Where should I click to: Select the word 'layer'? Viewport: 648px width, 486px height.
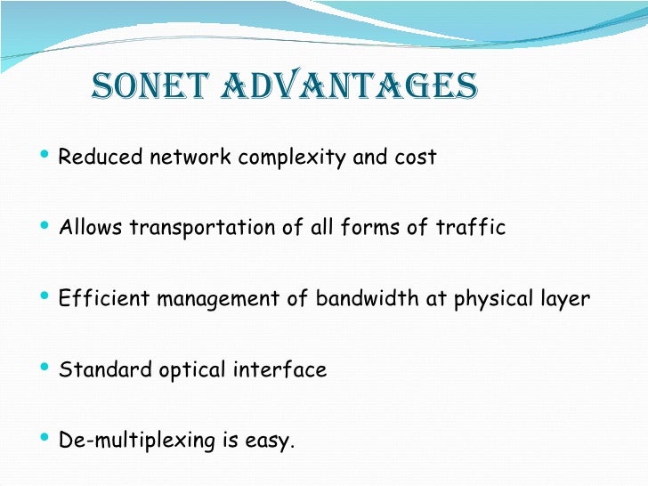[563, 299]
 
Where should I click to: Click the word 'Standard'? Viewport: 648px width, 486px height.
[96, 369]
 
